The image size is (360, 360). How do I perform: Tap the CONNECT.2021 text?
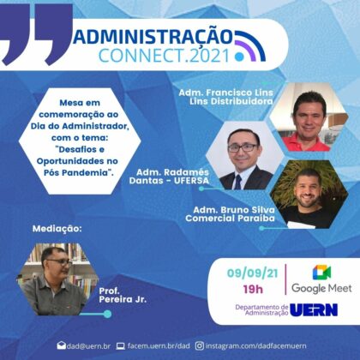coord(165,56)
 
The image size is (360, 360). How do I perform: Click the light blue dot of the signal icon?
coord(239,57)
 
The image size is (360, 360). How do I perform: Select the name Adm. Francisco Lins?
coord(225,93)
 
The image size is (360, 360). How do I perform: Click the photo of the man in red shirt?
coord(309,117)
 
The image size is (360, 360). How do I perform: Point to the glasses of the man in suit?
coord(243,147)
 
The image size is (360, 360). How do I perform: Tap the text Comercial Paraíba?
coord(230,219)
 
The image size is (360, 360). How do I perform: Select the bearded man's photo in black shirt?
coord(309,195)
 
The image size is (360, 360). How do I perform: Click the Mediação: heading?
coord(57,229)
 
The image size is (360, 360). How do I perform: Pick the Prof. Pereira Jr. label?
coord(123,295)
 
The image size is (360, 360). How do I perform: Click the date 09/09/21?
coord(253,273)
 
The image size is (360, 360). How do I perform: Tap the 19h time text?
coord(253,290)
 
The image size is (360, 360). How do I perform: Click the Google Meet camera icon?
coord(321,273)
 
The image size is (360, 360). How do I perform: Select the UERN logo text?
coord(314,310)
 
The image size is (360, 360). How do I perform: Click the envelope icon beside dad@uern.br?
coord(61,345)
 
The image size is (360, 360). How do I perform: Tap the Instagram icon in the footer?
coord(200,346)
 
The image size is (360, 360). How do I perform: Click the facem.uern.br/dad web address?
coord(159,345)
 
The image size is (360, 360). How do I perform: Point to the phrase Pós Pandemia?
coord(77,173)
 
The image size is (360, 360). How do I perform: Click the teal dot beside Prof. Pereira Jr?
coord(107,314)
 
